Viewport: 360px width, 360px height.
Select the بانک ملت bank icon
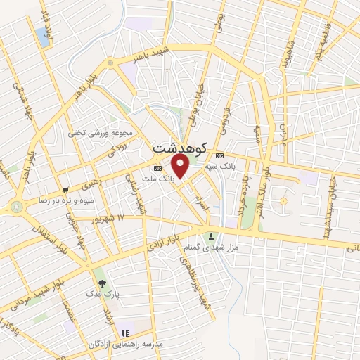click(157, 169)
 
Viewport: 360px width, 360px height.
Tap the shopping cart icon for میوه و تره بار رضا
click(65, 189)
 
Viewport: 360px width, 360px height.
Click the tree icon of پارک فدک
click(103, 283)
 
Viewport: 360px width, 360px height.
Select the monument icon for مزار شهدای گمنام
click(210, 236)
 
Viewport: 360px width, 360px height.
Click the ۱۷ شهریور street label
click(104, 220)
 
